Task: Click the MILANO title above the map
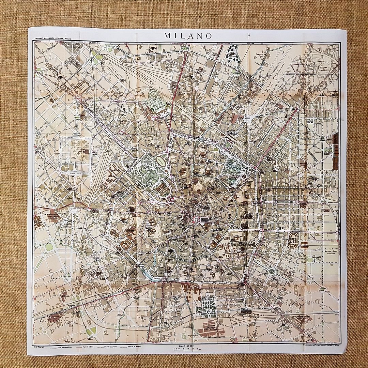[188, 36]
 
